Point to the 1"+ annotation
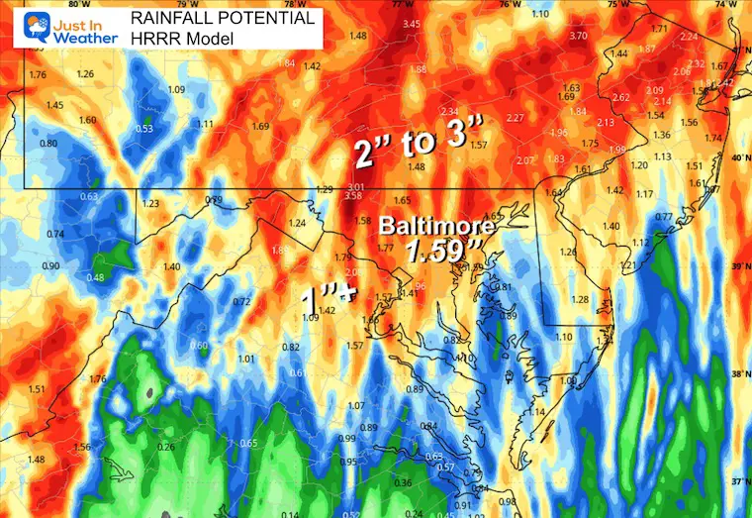(x=328, y=294)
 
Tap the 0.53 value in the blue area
(x=143, y=129)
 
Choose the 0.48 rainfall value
(x=95, y=277)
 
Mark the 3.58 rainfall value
(x=353, y=196)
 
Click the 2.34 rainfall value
(x=450, y=110)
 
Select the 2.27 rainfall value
(x=515, y=118)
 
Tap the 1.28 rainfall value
(x=580, y=299)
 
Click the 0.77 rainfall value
(x=664, y=216)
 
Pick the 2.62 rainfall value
(x=621, y=97)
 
